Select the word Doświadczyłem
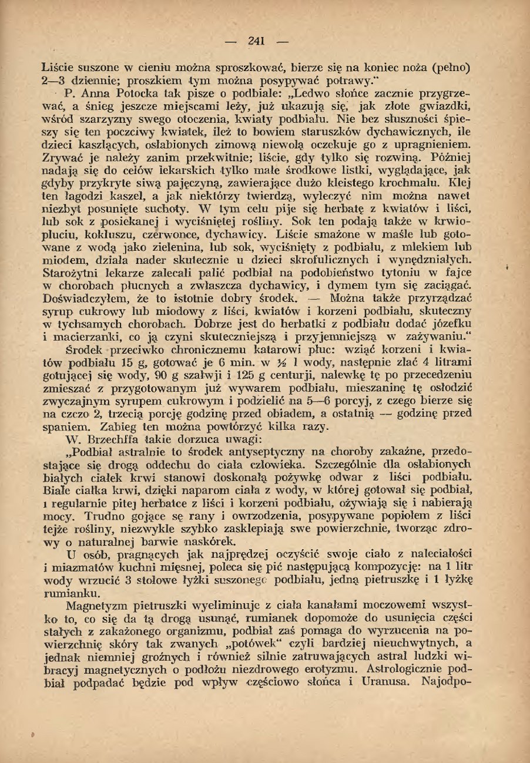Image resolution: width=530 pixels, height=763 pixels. point(85,298)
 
